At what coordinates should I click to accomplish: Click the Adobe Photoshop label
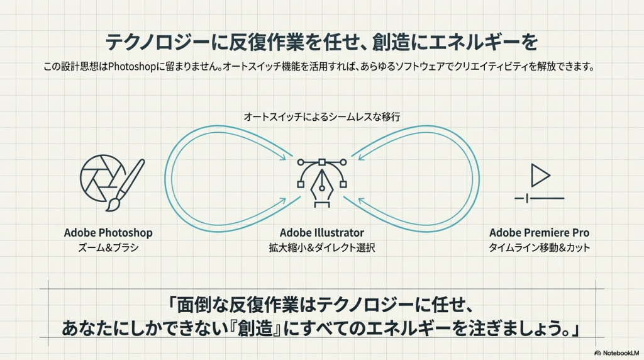(108, 233)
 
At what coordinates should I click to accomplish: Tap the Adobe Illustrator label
(322, 233)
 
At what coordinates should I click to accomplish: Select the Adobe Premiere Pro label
(539, 233)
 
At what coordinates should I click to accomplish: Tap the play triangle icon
(539, 174)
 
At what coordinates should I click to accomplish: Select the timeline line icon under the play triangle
(539, 199)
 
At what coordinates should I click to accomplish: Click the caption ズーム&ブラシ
(108, 248)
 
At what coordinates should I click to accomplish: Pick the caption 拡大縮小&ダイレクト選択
(322, 248)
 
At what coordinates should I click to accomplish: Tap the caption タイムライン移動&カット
(539, 248)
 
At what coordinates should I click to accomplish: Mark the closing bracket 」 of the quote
(574, 328)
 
